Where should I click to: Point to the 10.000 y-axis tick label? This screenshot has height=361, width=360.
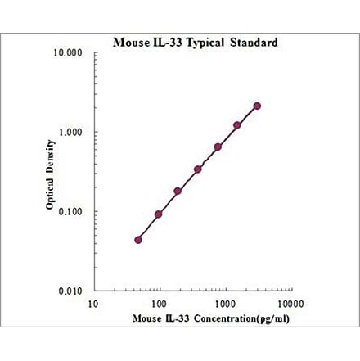(71, 53)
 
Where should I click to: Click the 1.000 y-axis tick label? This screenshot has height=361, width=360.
(74, 133)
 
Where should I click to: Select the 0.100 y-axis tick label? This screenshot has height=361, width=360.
(74, 211)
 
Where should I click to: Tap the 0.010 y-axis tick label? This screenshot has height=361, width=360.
(74, 291)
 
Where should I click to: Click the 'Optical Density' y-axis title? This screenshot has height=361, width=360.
(51, 171)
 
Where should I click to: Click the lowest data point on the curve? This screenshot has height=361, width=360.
(138, 240)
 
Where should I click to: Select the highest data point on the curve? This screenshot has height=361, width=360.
(257, 106)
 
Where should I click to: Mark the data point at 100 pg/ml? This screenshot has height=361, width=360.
(158, 214)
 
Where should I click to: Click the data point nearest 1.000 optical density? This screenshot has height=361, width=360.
(237, 125)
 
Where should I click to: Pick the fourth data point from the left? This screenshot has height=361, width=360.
(198, 169)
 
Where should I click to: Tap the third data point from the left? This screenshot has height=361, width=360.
(178, 192)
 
